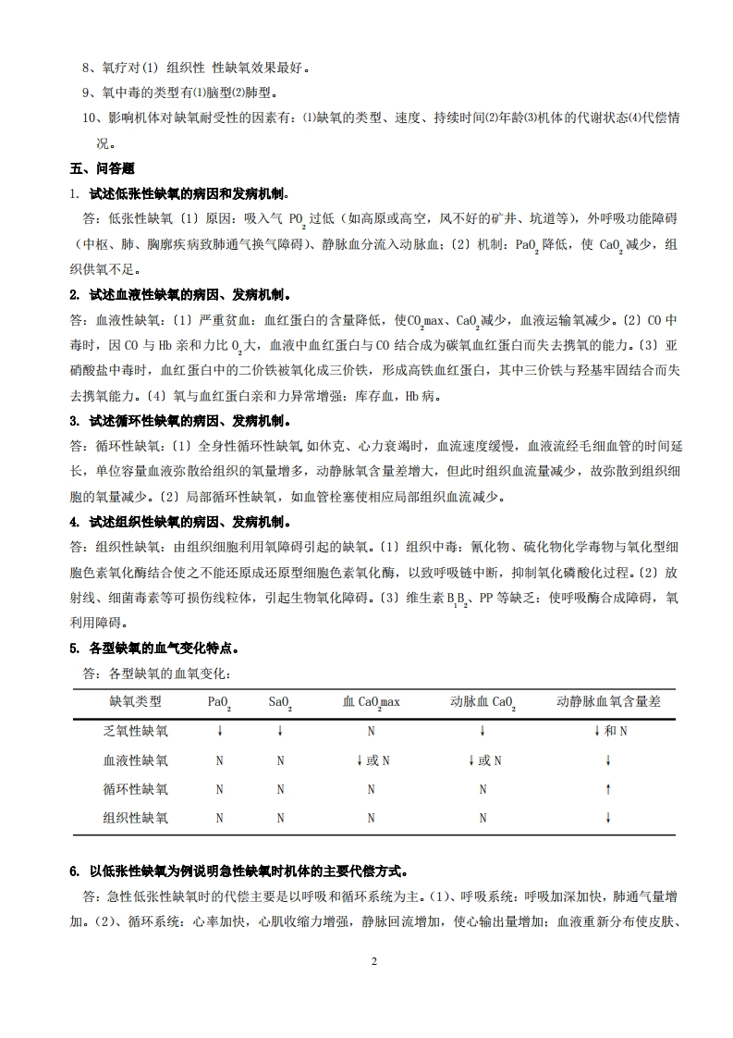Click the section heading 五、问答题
tap(102, 168)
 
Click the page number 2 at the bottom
tap(374, 961)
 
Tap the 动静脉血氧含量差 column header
tap(608, 702)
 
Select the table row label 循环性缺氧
tap(135, 789)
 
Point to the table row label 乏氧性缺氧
tap(135, 732)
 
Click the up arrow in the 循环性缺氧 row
tap(608, 789)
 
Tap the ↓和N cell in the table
tap(609, 732)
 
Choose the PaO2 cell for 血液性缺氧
tap(220, 760)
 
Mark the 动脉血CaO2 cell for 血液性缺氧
tap(483, 760)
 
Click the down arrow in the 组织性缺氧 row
tap(608, 818)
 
